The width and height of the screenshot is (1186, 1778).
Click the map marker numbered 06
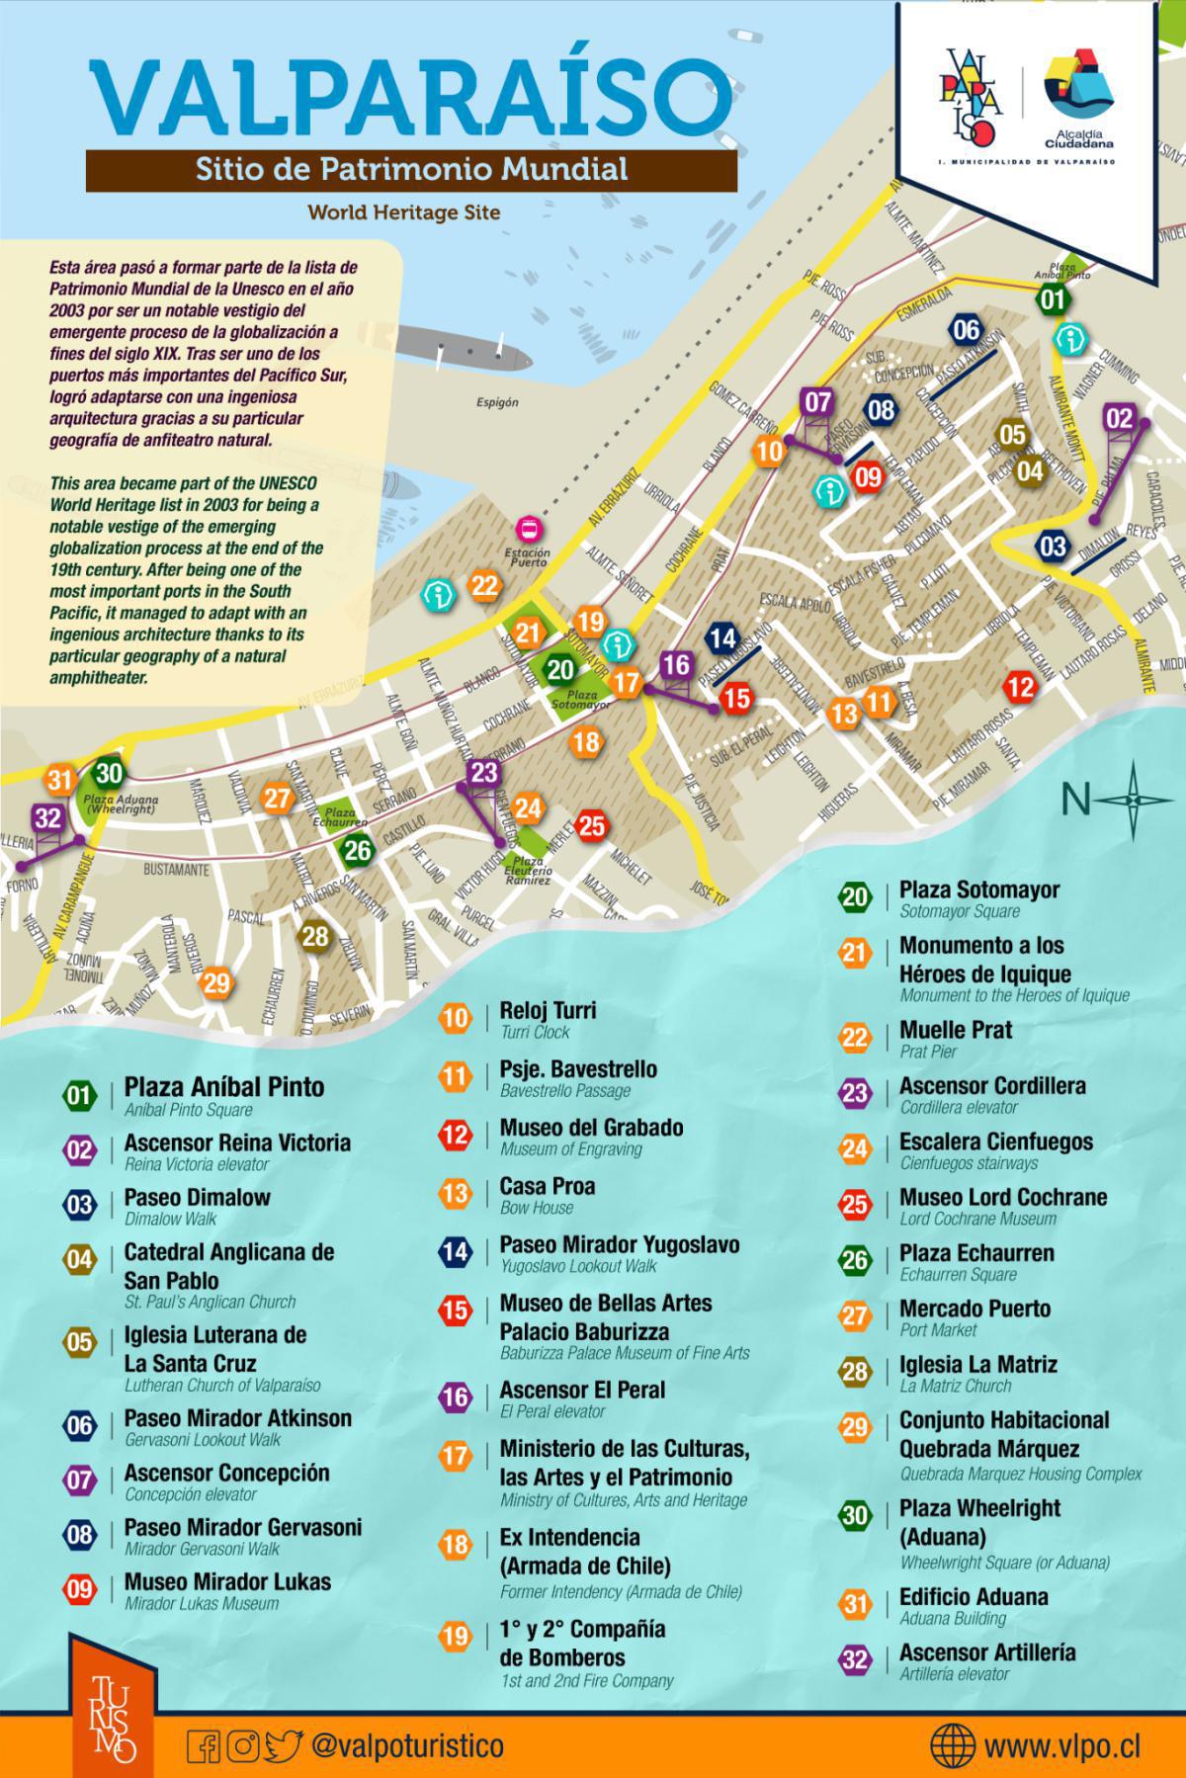click(966, 330)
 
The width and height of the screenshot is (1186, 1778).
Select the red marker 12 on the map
click(1020, 687)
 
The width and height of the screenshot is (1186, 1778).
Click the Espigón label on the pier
click(497, 403)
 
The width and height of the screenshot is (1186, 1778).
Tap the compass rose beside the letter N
click(1134, 798)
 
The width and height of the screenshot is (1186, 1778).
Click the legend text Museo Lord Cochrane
click(1002, 1197)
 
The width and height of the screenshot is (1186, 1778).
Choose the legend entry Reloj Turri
click(548, 1010)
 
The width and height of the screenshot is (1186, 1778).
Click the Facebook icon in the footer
click(204, 1746)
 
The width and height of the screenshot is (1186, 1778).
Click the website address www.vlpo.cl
click(1062, 1746)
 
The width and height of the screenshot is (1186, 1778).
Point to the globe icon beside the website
click(953, 1745)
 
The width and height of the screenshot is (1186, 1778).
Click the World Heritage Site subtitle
click(403, 212)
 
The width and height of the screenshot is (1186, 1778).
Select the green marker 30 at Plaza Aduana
click(110, 775)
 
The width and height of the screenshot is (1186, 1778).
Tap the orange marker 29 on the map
click(215, 982)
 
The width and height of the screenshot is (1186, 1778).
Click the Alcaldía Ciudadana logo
click(1078, 99)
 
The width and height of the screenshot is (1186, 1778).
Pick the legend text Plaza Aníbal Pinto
click(223, 1087)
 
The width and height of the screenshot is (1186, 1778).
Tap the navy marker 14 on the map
click(722, 638)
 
